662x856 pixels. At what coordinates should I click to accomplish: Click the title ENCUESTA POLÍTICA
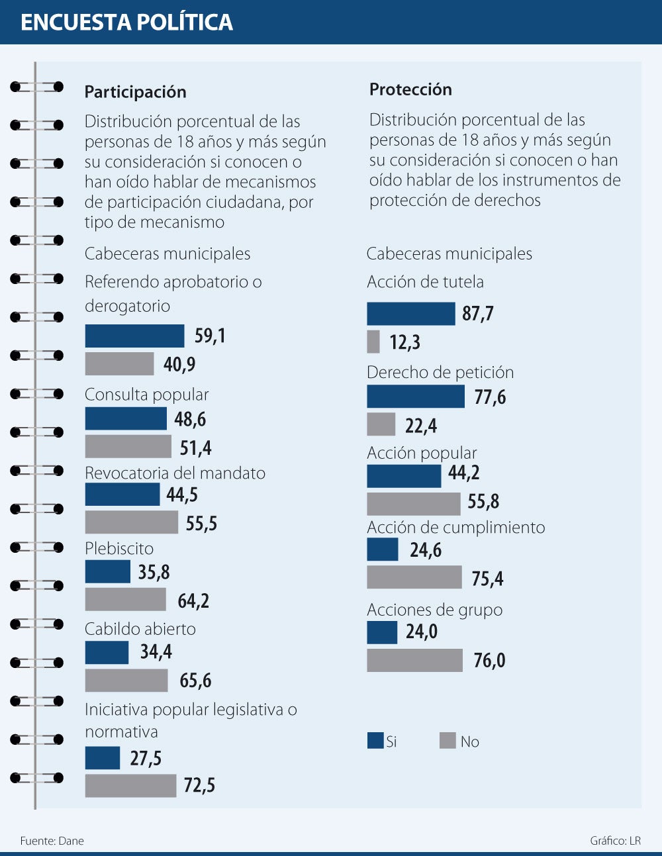tap(126, 23)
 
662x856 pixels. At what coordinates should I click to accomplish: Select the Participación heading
tap(135, 92)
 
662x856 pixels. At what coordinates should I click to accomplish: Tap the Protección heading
tap(410, 89)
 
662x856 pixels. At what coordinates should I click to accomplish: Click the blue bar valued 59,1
tap(134, 336)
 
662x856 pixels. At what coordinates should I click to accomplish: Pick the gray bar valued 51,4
tap(128, 447)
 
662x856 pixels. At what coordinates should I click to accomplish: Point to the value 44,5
tap(182, 495)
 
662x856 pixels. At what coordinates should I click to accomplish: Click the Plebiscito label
tap(119, 548)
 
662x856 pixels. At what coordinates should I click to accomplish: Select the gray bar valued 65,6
tap(126, 681)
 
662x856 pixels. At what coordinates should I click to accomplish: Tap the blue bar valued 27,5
tap(103, 758)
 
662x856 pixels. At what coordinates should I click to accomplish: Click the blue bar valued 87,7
tap(411, 314)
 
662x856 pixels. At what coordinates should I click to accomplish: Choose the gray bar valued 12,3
tap(373, 342)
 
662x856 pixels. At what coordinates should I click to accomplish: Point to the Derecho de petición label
tap(440, 372)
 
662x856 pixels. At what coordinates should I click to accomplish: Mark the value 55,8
tap(483, 502)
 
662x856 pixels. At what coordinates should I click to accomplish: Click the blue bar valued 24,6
tap(383, 549)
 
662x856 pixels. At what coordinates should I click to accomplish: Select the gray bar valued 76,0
tap(414, 661)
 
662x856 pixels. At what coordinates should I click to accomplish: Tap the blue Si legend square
tap(375, 741)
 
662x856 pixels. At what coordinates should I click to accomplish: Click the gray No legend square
tap(448, 741)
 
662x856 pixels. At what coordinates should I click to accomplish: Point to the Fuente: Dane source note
tap(52, 841)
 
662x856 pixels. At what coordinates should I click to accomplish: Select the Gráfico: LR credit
tap(615, 841)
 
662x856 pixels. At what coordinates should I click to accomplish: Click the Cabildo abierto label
tap(140, 629)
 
